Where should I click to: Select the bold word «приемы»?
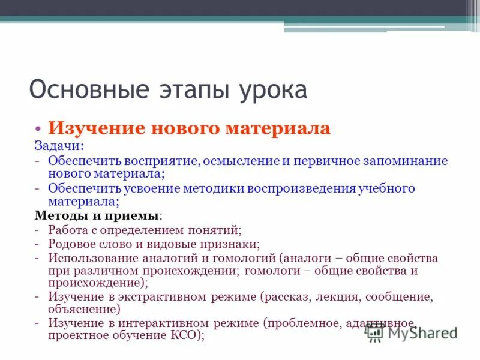point(139,215)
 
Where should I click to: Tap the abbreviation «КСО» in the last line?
point(182,336)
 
